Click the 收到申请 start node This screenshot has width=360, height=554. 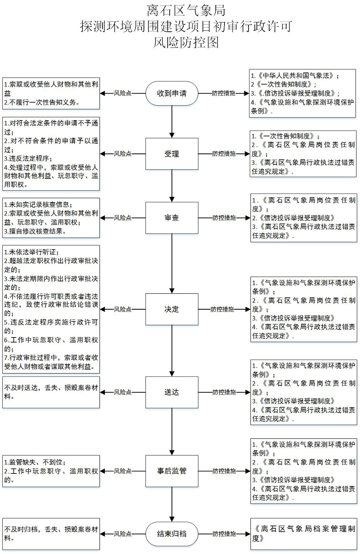[172, 93]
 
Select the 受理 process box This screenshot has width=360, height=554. [172, 154]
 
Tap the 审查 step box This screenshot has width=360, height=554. [172, 218]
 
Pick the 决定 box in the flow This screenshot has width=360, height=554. [172, 309]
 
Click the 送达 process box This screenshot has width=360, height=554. [172, 392]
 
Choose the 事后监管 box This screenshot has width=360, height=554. [172, 471]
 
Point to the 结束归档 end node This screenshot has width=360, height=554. [172, 534]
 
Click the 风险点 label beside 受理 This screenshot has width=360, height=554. [123, 154]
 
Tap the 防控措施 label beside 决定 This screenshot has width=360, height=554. [222, 309]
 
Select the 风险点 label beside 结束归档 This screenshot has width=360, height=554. [123, 534]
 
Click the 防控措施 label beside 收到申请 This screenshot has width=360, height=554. [224, 93]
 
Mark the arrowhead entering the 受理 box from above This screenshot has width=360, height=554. [172, 135]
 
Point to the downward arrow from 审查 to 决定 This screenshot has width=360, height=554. [172, 264]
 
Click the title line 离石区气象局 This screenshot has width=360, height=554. [186, 11]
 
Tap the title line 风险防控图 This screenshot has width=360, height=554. [186, 43]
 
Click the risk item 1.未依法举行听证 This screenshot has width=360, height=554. [31, 252]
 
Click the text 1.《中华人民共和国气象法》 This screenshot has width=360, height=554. [295, 76]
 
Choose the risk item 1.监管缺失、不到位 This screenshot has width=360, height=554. [35, 462]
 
